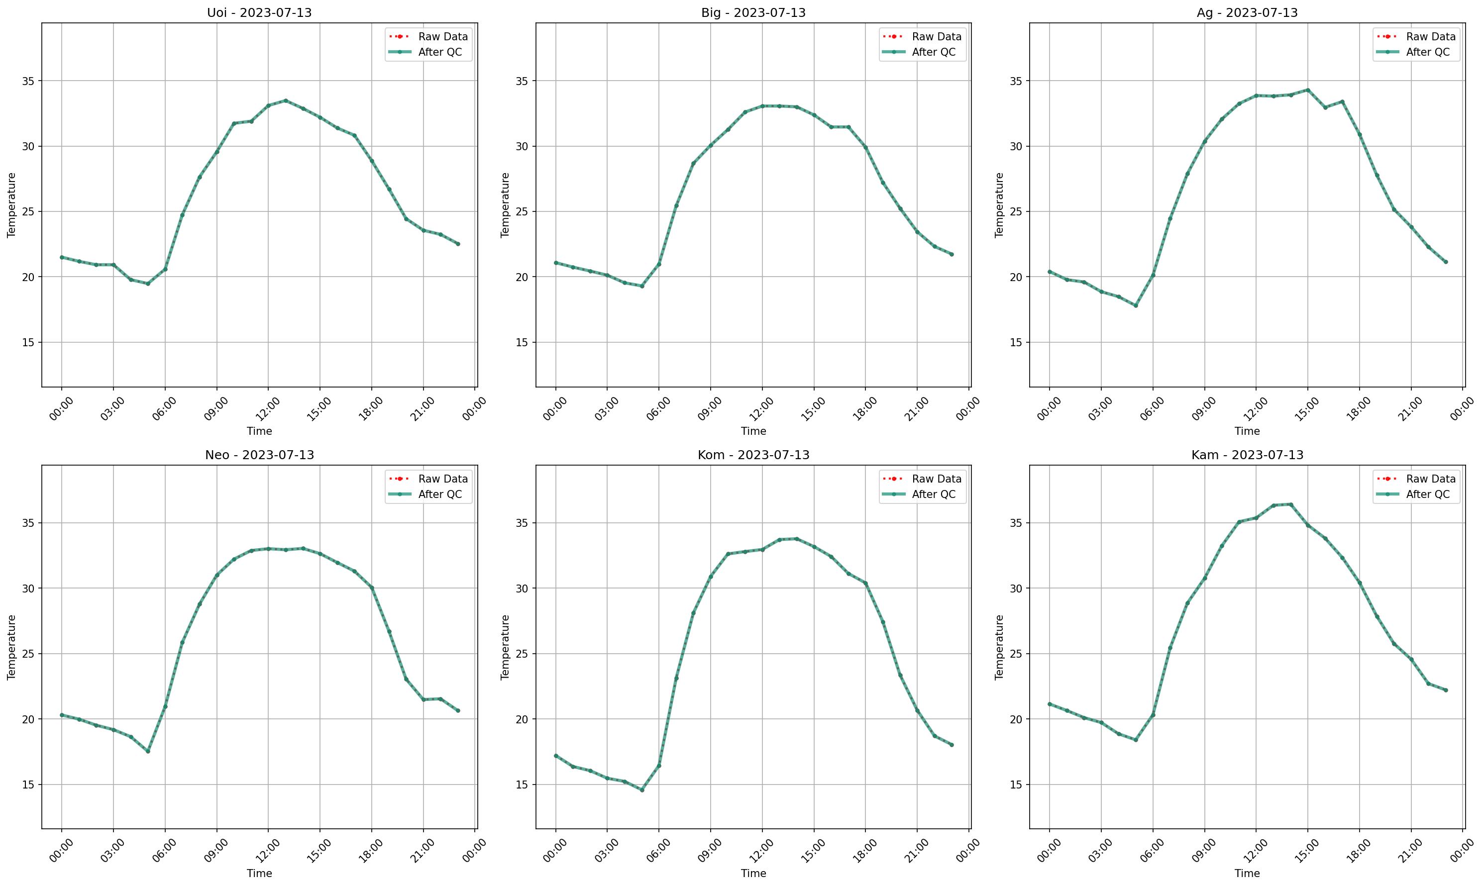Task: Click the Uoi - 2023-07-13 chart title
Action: point(259,12)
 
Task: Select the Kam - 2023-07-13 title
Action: point(1247,455)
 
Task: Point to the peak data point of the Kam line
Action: point(1290,504)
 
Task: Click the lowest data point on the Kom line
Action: point(642,790)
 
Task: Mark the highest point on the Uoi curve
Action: point(286,100)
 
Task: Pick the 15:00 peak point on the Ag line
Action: point(1308,90)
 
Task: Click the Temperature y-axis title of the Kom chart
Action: point(505,647)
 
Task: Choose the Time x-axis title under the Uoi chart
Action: point(259,431)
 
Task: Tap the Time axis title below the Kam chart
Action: point(1247,874)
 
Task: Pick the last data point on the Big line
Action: point(952,254)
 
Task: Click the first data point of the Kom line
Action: point(556,756)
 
